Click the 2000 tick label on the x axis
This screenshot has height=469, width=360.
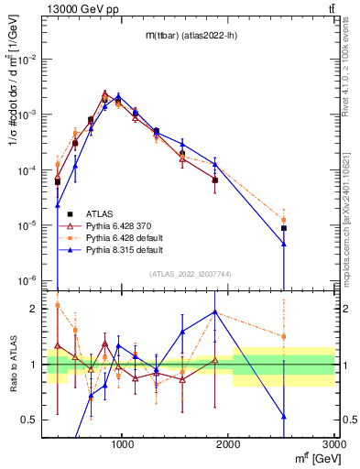coord(229,445)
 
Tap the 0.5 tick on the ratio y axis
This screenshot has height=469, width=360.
coord(32,420)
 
